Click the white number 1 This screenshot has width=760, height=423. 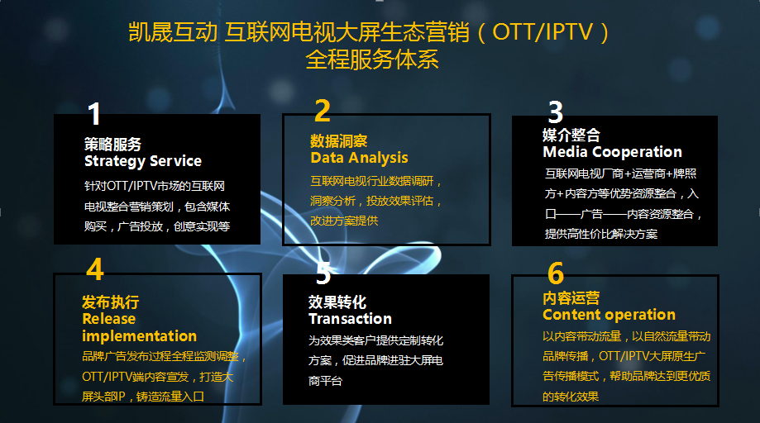[94, 114]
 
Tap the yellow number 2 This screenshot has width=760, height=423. [323, 111]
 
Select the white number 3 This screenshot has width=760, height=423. [556, 112]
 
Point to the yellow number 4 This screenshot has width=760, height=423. [95, 269]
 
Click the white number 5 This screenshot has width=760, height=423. [323, 273]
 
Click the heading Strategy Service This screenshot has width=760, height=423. [143, 161]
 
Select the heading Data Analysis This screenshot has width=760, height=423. [359, 158]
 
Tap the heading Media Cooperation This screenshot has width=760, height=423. [613, 152]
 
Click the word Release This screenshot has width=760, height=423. [109, 319]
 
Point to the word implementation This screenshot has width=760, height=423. [140, 336]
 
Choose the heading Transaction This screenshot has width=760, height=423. [351, 319]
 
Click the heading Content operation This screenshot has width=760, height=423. [609, 315]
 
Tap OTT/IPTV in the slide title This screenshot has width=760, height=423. [543, 32]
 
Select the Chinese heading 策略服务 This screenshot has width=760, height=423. [113, 144]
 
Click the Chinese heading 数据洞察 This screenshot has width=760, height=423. [339, 140]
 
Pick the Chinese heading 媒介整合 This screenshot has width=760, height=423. [571, 135]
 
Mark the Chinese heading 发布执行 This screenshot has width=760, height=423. [111, 302]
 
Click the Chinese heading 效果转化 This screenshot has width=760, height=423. [337, 302]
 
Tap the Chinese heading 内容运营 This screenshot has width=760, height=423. [571, 297]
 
